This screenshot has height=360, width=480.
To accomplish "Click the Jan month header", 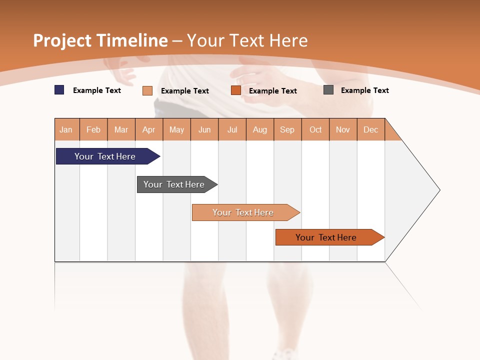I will tap(66, 130).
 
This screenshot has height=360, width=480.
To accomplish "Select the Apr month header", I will tap(149, 130).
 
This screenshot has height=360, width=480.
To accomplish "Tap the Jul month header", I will tap(232, 130).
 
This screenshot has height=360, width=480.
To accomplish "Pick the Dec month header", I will tap(371, 130).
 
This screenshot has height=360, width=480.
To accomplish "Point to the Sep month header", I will tap(287, 130).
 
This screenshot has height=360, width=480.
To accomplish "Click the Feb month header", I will tap(93, 130).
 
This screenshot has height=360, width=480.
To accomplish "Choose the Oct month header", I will tap(315, 130).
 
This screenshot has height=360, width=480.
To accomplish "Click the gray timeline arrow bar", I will tap(175, 184).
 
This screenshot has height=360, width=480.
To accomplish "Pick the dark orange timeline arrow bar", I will tap(327, 237).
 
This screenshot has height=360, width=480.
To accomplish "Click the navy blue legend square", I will tap(59, 90).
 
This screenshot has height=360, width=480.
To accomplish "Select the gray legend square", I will tap(328, 90).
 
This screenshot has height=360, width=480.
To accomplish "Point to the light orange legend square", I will tap(147, 90).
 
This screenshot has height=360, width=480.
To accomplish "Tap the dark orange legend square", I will tap(236, 90).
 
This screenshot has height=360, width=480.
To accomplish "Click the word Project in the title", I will tap(61, 40).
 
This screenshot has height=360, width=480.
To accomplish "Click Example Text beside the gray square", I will tap(364, 90).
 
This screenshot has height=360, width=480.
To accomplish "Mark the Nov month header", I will tap(343, 130).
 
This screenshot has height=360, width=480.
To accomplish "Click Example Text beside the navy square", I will tap(97, 90).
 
